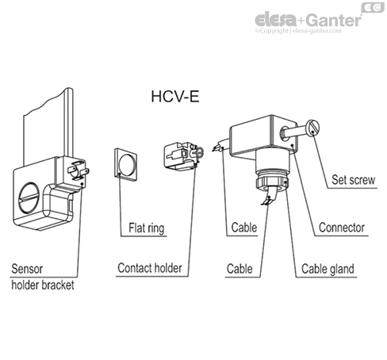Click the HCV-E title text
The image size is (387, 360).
point(177,101)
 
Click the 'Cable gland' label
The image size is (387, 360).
point(328,268)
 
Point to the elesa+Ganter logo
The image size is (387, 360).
point(308,20)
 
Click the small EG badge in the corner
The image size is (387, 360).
point(373,7)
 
